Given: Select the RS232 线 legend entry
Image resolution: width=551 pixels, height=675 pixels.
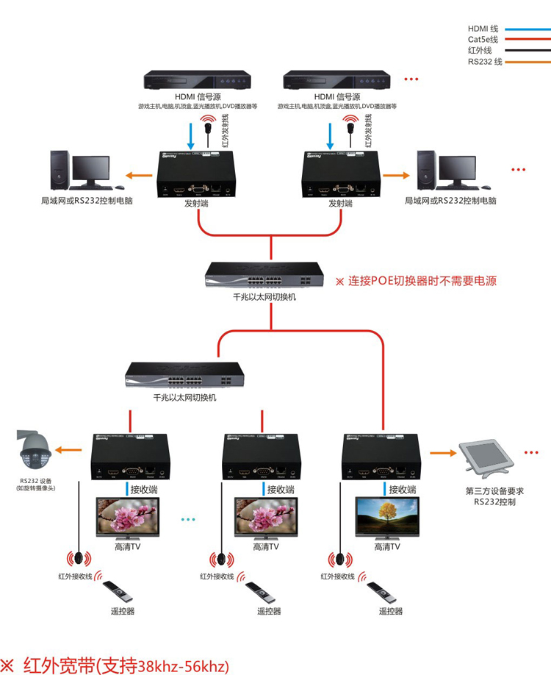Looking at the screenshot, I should click(x=485, y=62).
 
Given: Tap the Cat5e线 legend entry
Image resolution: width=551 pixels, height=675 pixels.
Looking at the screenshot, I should click(x=483, y=39).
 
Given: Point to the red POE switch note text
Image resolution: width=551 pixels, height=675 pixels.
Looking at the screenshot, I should click(x=416, y=281).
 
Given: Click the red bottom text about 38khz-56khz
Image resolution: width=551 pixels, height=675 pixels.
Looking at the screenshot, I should click(x=118, y=665).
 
